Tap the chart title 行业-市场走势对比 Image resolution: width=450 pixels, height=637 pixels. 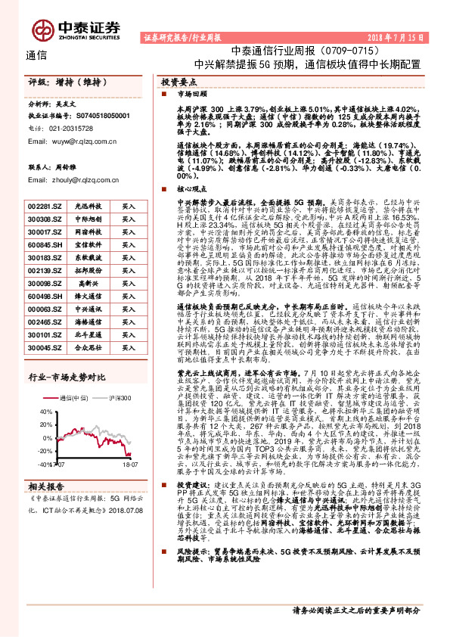tap(66, 399)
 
